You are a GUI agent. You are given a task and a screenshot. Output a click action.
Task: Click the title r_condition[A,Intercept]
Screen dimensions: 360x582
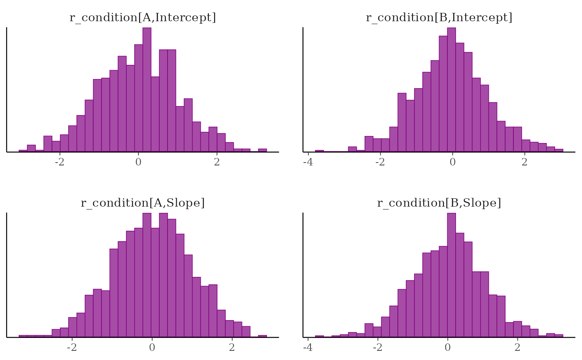143,17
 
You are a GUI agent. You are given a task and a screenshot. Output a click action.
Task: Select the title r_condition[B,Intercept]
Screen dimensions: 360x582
439,17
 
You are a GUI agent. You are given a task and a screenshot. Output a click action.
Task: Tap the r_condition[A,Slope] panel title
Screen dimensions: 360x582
143,203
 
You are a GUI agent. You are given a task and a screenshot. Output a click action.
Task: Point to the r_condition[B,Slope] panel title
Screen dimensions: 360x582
439,203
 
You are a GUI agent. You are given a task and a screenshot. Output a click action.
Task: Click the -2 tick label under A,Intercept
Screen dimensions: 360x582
60,162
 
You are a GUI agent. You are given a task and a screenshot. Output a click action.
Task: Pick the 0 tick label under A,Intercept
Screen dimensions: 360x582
138,162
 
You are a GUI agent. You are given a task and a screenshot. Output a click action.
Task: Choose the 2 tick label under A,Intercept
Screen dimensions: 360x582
217,162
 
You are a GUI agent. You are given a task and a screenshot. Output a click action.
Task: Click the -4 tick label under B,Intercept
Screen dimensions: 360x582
308,162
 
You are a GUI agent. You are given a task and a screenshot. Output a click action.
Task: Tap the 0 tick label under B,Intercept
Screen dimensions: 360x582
452,162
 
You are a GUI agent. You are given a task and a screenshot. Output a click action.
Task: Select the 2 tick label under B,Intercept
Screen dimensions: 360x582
524,162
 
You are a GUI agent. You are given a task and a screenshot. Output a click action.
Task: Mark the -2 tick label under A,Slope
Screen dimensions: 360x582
72,347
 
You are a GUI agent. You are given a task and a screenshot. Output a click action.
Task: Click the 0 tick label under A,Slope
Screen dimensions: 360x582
152,347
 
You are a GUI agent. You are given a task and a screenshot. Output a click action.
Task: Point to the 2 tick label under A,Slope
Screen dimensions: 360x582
232,347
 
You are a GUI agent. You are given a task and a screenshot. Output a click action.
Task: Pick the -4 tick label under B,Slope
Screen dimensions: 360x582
308,347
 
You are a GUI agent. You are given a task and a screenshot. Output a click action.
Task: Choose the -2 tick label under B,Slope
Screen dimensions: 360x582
378,347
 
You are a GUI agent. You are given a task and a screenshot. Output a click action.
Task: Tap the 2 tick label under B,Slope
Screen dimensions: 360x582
517,347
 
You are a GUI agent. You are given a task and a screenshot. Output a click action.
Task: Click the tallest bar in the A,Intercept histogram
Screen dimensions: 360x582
147,89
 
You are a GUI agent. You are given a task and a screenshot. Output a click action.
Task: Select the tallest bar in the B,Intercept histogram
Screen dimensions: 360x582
451,89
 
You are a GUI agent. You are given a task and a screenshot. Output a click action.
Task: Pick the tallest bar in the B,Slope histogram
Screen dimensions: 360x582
451,275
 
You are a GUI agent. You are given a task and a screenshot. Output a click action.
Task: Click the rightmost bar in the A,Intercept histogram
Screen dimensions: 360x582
262,150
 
